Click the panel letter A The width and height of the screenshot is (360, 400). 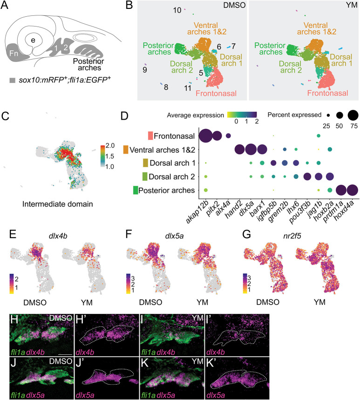click(x=5, y=5)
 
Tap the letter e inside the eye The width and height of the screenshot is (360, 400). click(x=33, y=41)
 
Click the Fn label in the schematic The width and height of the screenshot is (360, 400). click(x=14, y=53)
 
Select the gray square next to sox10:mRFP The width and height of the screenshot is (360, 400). click(x=13, y=81)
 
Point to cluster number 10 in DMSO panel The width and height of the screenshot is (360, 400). click(x=177, y=10)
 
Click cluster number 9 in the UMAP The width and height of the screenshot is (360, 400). click(x=145, y=70)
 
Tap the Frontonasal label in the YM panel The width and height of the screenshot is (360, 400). click(x=327, y=93)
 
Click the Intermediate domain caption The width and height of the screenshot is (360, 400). click(x=58, y=204)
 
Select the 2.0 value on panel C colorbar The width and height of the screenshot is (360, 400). click(x=110, y=145)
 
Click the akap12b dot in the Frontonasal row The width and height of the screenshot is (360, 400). click(x=206, y=136)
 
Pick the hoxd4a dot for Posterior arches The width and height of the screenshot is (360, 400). click(x=353, y=190)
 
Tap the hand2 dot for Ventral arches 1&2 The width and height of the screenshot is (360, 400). click(x=240, y=149)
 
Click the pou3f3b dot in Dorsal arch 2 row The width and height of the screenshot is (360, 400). click(x=307, y=176)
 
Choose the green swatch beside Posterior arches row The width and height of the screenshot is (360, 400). click(x=136, y=190)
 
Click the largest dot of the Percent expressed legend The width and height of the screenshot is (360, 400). click(x=353, y=115)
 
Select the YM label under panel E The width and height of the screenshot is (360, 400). click(x=87, y=303)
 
